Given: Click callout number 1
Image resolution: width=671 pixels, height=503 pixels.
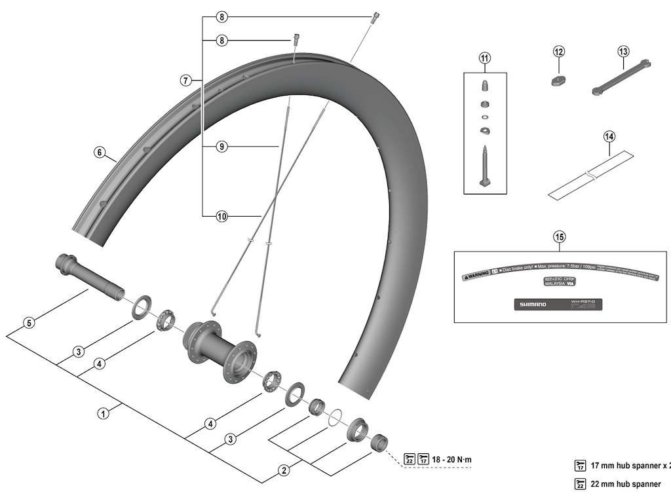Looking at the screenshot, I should coord(103,413).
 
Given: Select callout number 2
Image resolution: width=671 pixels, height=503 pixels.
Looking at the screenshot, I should coord(284,470).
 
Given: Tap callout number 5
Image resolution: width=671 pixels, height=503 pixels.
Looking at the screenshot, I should coord(28,322).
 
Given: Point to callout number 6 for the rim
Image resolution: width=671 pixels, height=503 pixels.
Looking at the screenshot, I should coord(100,153).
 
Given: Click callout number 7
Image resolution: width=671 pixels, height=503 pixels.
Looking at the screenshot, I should coord(185,81).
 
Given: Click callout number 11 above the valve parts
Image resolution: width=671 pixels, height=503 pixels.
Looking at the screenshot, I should coord(484,59).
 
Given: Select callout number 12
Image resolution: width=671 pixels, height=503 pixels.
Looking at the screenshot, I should coord(558,51).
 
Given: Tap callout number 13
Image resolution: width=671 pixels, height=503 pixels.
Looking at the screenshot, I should coord(623,51).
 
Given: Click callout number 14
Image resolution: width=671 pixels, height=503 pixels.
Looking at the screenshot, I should coord(609,137).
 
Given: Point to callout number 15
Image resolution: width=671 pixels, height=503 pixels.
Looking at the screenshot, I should coord(558,236).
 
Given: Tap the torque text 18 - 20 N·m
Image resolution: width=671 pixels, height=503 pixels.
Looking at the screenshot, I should coord(451,459).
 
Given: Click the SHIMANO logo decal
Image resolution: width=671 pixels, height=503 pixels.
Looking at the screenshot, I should coord(531,305).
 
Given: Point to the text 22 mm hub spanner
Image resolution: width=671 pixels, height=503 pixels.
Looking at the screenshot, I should coord(626,485).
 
